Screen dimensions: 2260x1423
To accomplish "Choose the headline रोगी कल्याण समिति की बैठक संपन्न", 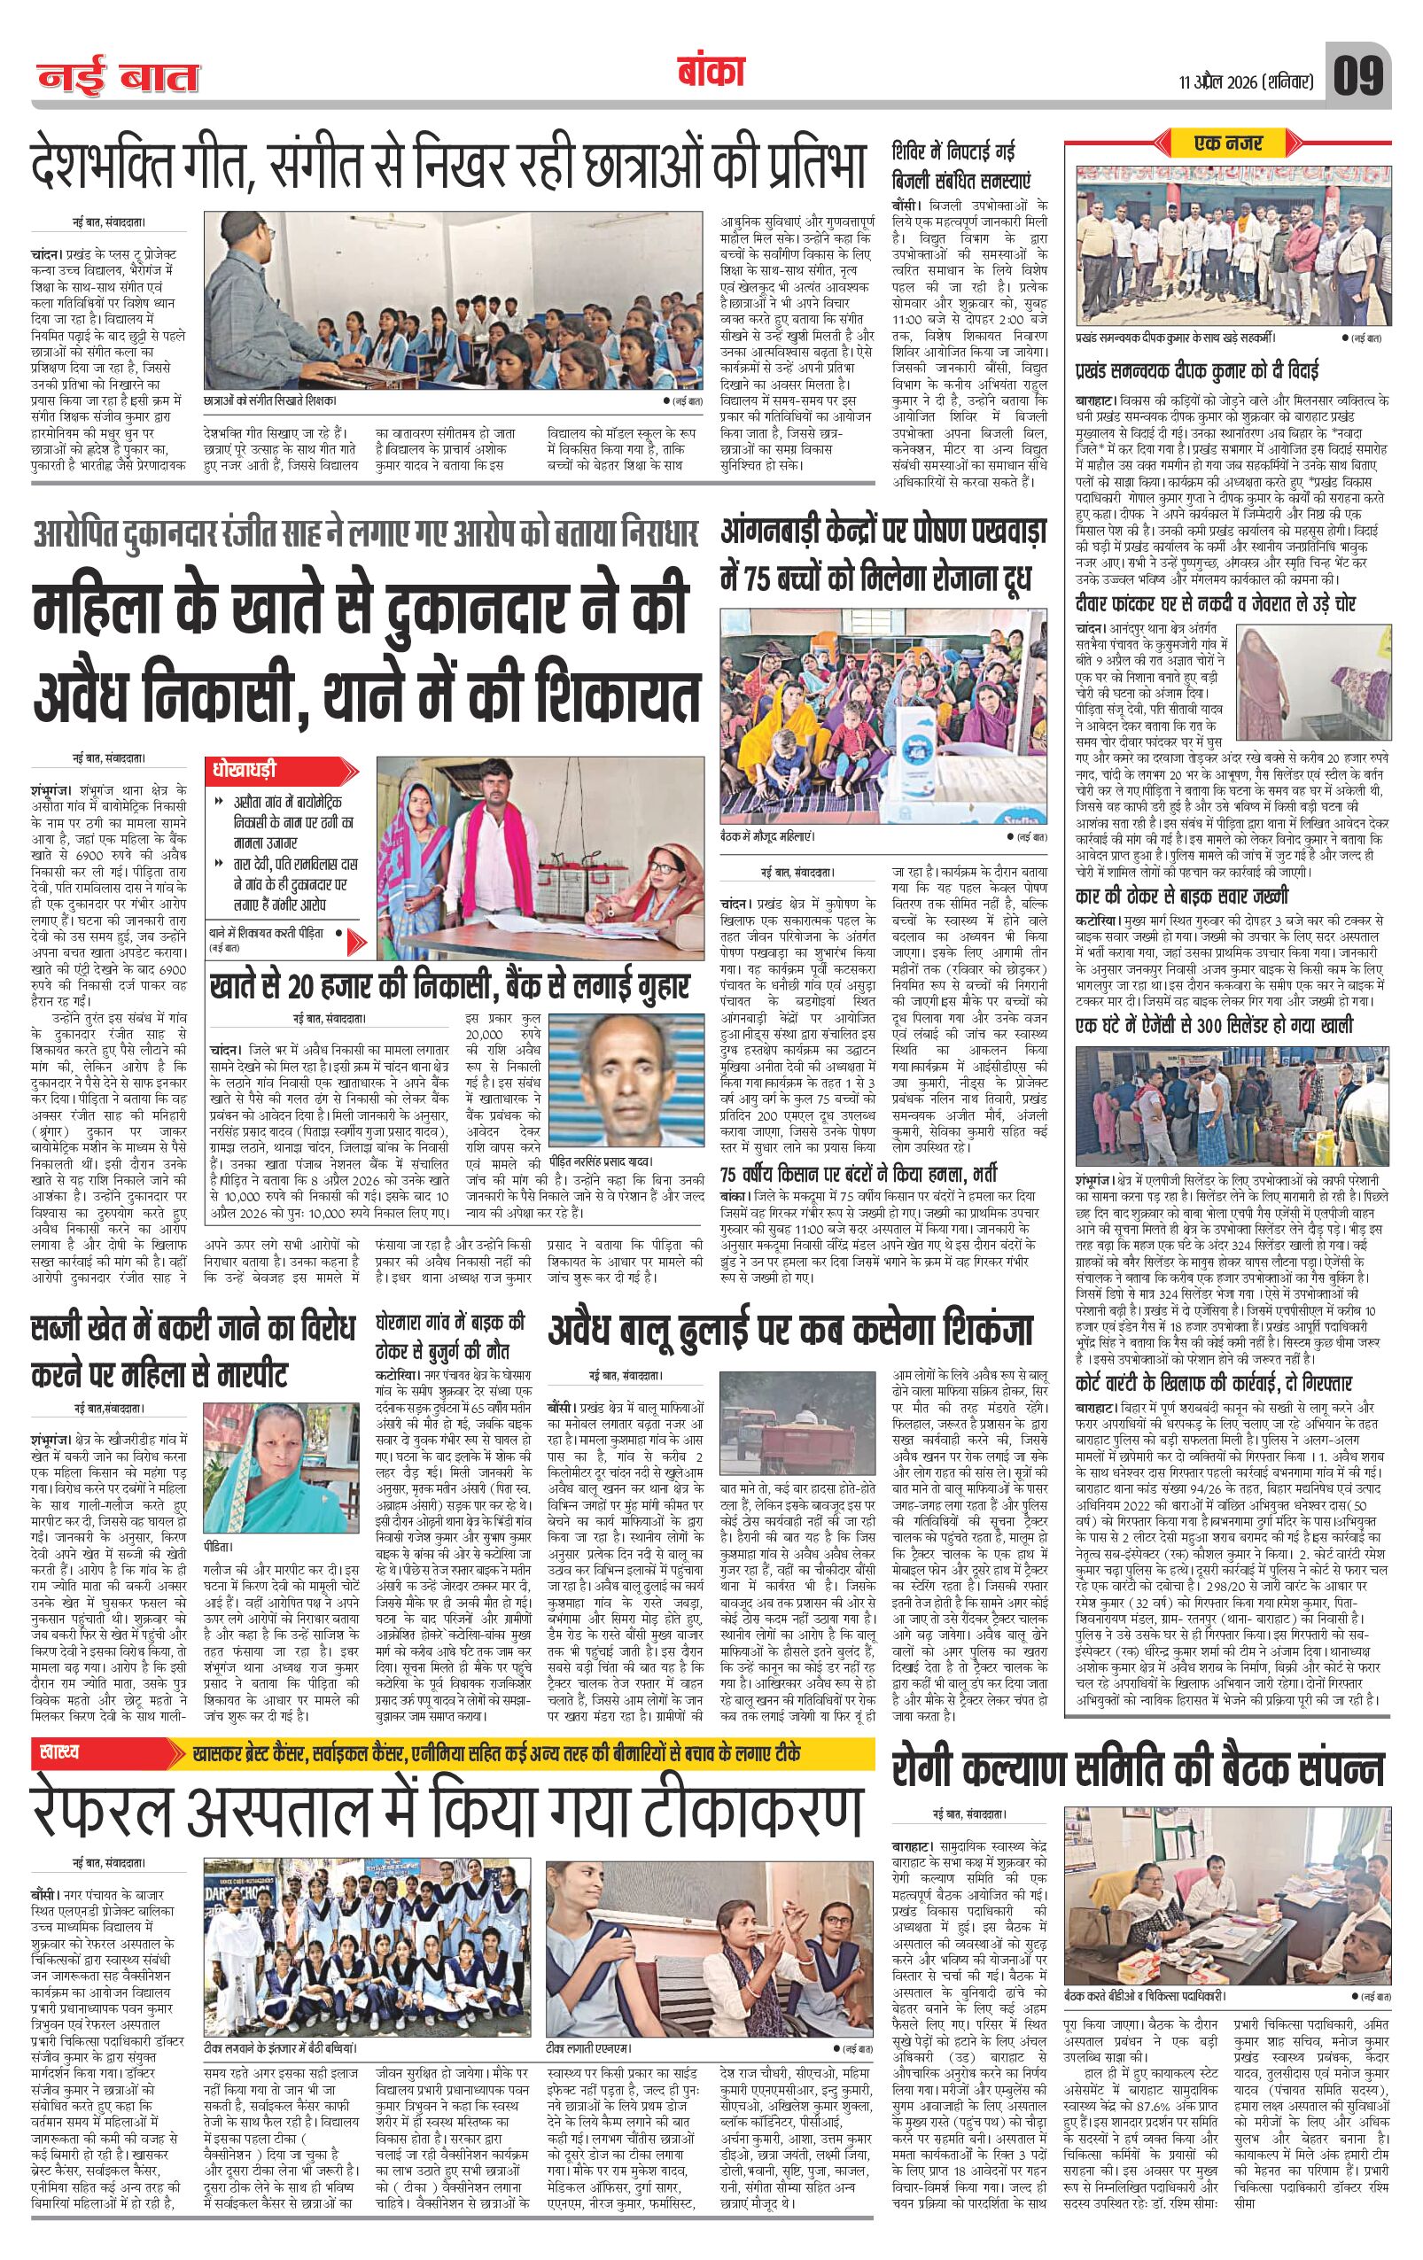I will pyautogui.click(x=1138, y=1771).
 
